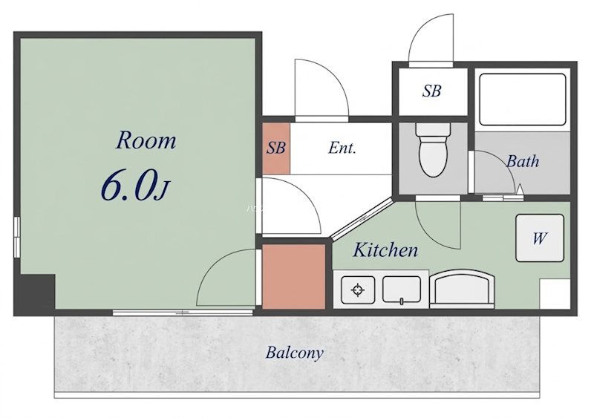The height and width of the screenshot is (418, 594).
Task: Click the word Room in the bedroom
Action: point(146,140)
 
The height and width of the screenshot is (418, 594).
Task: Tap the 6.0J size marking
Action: point(134,186)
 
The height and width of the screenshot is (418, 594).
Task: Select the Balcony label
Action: point(294,353)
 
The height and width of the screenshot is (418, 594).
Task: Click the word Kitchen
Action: point(385,250)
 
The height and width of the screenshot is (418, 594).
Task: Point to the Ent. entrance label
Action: point(342,148)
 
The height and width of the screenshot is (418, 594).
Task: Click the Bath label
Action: point(523,161)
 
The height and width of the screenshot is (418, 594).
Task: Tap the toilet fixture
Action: point(433,149)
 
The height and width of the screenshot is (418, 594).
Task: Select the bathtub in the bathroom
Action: point(523,99)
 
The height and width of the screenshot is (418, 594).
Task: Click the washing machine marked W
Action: point(540,238)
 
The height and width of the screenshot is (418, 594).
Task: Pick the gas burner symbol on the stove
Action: point(358,290)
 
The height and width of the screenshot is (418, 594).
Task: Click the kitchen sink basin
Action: point(402,290)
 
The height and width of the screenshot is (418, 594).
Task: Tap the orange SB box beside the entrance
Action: point(276,148)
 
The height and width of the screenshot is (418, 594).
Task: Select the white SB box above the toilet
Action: point(433,91)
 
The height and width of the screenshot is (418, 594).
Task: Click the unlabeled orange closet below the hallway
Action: point(294,277)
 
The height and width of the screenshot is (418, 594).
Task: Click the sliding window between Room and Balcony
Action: point(183,313)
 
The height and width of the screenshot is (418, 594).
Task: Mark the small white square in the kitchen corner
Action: point(555,294)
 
